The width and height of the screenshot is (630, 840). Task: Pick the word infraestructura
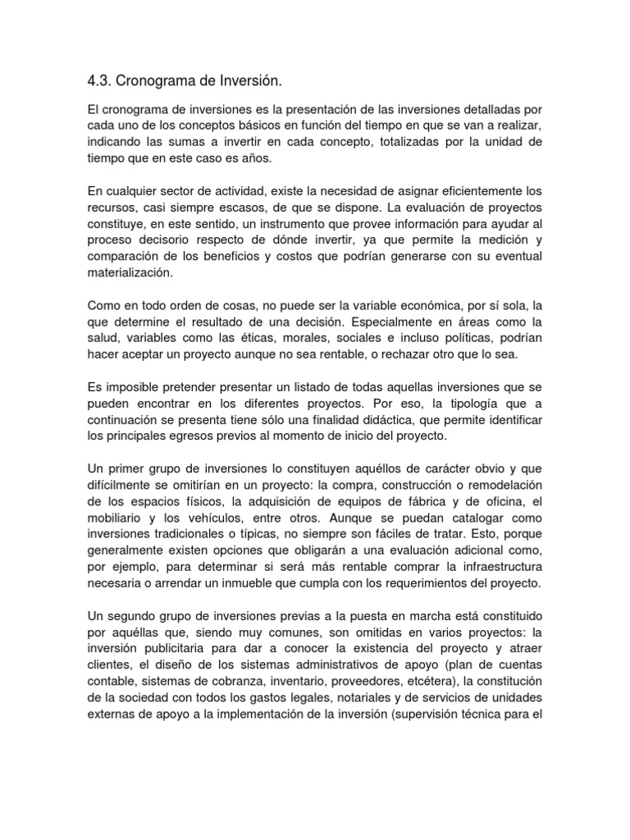(496, 567)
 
